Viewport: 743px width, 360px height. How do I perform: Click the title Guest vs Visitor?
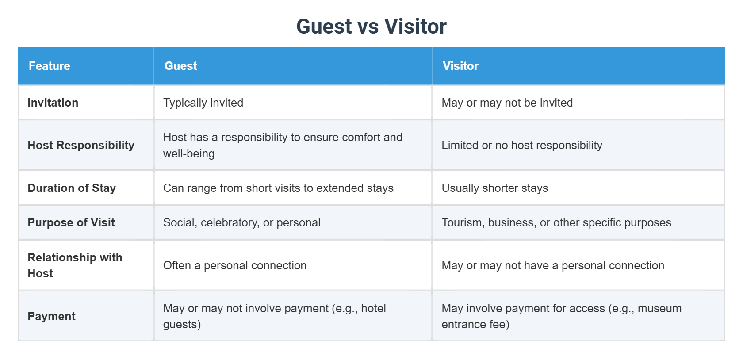coord(371,27)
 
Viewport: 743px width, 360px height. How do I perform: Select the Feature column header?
coord(50,66)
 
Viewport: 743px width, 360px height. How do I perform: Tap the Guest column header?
coord(180,66)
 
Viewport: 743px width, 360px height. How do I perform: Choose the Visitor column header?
coord(460,66)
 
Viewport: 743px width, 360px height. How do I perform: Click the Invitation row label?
coord(53,103)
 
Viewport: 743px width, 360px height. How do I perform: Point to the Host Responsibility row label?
coord(81,145)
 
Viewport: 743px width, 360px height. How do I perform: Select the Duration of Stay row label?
coord(72,188)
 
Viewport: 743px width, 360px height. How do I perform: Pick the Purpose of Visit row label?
coord(71,222)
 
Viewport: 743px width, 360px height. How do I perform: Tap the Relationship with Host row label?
coord(75,265)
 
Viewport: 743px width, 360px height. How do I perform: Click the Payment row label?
coord(51,316)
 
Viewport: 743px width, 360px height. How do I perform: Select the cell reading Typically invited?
coord(203,103)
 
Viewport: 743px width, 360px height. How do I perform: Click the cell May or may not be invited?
coord(507,103)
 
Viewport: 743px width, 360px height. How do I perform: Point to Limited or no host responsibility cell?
coord(522,145)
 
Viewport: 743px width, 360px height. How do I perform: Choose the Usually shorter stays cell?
coord(494,188)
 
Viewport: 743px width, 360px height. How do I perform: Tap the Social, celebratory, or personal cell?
coord(241,222)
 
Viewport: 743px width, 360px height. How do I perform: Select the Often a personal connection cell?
coord(234,265)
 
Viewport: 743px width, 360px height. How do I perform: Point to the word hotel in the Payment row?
coord(373,308)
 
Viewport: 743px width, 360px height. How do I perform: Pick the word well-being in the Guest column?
coord(189,153)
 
